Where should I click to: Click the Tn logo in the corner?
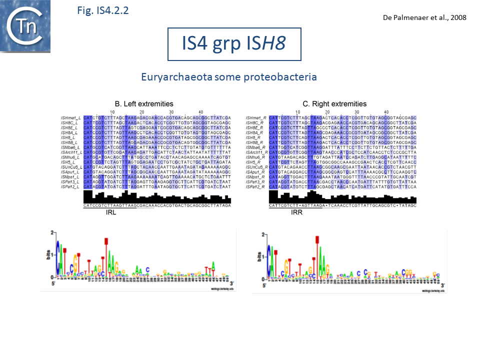click(x=25, y=26)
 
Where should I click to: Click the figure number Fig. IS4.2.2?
click(x=103, y=10)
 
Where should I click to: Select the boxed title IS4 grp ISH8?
click(x=234, y=44)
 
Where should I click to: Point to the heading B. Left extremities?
click(x=144, y=104)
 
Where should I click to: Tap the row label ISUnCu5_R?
click(x=257, y=167)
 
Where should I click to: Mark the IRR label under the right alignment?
click(x=296, y=212)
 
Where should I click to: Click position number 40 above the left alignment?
click(x=201, y=111)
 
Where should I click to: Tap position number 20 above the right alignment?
click(x=327, y=111)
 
